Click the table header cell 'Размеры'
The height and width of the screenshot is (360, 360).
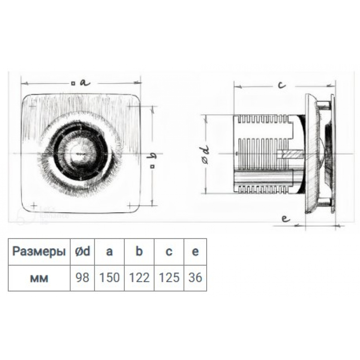[39, 252]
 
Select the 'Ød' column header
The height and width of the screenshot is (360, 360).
[83, 251]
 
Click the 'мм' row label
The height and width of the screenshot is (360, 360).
[39, 279]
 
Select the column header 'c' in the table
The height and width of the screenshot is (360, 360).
[169, 252]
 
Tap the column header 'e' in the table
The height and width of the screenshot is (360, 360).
[195, 252]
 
